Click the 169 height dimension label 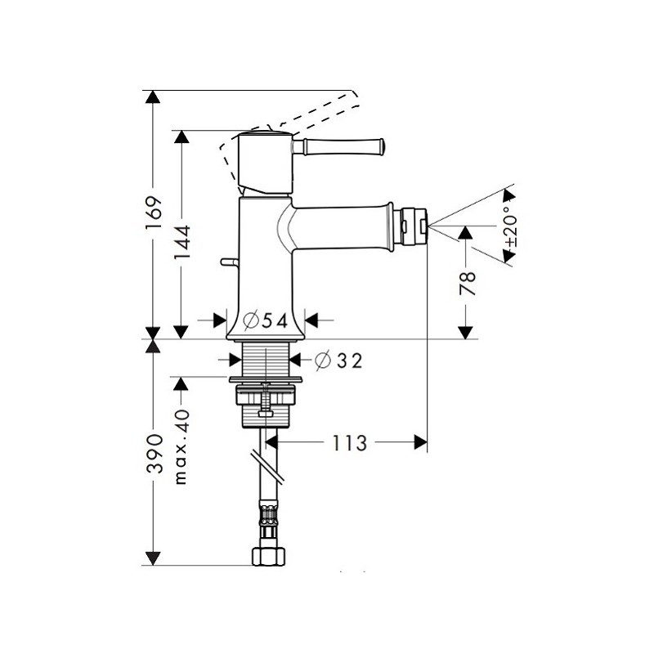click(154, 213)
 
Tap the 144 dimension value click(182, 242)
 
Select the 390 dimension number click(154, 454)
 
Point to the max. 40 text click(181, 446)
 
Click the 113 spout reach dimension click(350, 443)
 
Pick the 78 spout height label click(468, 283)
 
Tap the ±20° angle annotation click(510, 226)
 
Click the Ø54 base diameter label click(266, 320)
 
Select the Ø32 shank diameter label click(338, 361)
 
